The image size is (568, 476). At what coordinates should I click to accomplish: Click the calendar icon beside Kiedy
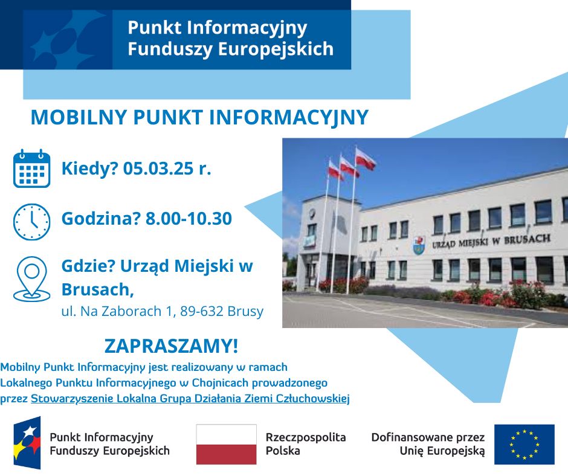[x=31, y=169]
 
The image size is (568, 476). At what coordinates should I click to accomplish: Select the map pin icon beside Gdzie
[x=31, y=278]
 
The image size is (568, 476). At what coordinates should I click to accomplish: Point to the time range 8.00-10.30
[x=189, y=219]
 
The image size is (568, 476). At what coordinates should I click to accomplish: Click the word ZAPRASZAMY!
[x=171, y=346]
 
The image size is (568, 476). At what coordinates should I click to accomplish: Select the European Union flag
[x=524, y=444]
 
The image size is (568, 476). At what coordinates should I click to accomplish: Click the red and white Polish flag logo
[x=226, y=444]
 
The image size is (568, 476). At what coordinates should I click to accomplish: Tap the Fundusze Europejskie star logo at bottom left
[x=27, y=443]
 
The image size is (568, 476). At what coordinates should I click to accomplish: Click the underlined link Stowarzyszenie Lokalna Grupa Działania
[x=190, y=398]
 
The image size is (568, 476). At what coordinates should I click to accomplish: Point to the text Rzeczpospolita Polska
[x=306, y=444]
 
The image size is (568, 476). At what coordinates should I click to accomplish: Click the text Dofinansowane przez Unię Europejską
[x=428, y=444]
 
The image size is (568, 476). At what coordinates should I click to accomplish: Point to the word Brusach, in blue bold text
[x=97, y=289]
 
